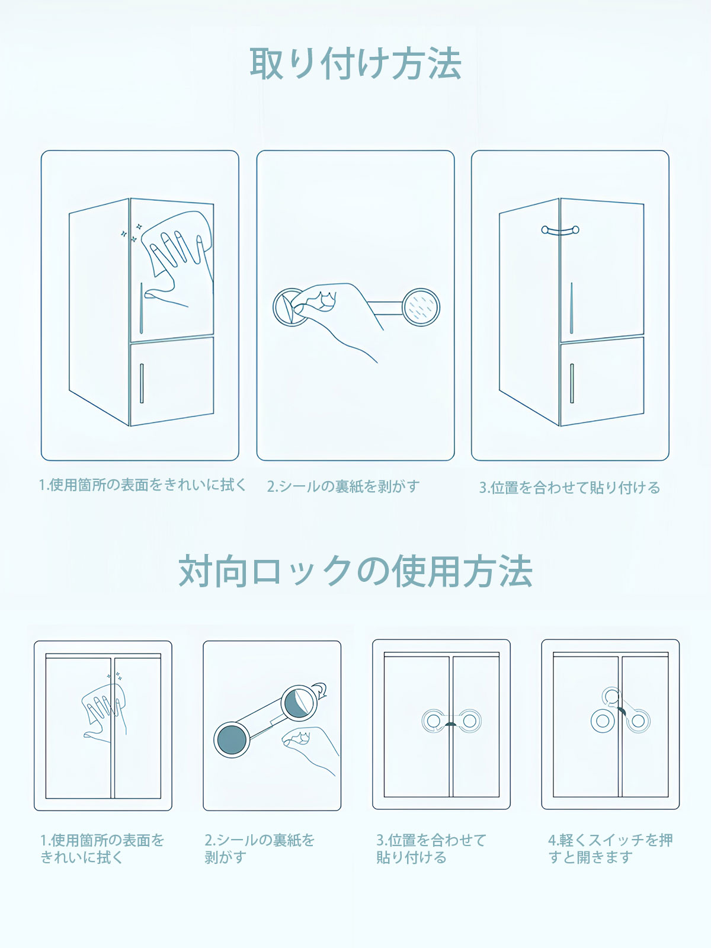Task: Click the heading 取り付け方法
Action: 355,63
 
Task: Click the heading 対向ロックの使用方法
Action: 355,571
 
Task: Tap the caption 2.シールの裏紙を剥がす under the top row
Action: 343,486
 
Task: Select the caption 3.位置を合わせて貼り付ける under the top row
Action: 569,488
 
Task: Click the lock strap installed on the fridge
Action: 561,230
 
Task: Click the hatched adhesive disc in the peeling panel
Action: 421,307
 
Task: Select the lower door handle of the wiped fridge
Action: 142,383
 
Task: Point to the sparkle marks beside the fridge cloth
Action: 131,232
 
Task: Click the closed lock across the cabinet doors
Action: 451,721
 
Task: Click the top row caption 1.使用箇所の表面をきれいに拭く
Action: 142,485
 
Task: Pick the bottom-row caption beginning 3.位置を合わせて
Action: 431,848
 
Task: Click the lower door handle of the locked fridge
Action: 572,383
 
